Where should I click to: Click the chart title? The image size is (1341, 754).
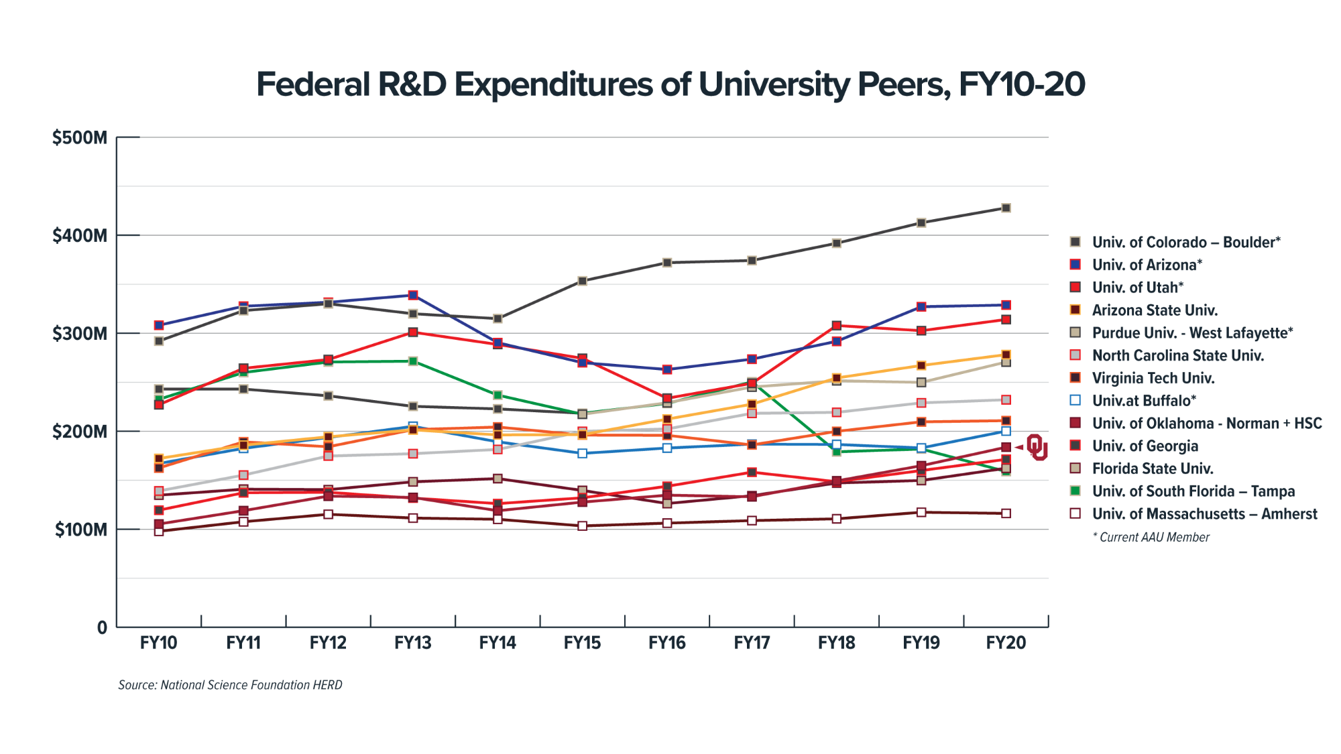670,85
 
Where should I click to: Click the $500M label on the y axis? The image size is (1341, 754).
80,138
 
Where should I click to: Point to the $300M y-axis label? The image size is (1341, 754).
80,334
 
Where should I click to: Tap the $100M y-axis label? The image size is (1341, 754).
80,530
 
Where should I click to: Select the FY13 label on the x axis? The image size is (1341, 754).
412,643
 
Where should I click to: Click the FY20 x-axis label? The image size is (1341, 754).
1006,643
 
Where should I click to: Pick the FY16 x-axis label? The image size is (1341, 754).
667,643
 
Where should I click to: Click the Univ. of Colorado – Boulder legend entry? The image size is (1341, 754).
1185,242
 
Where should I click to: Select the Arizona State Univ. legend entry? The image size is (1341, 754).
1155,310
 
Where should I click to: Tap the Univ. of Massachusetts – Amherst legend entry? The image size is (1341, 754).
1204,514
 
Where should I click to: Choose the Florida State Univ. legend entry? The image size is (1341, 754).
1152,468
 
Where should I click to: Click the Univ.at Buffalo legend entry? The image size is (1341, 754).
1144,401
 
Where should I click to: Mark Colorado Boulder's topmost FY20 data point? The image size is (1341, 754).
1006,208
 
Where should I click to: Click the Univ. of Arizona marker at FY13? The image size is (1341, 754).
413,295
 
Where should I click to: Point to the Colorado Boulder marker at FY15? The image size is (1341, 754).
583,281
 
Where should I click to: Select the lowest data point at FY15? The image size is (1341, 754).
583,526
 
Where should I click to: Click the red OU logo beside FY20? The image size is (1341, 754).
1037,447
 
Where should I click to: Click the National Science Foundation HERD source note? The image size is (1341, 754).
230,685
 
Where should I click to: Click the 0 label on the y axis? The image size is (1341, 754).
102,628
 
